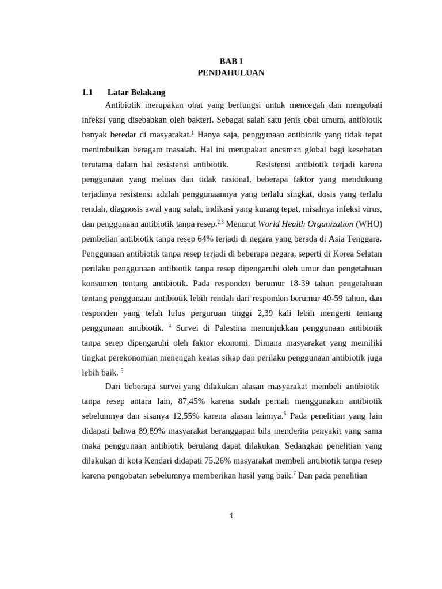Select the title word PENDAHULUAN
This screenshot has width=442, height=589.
(231, 73)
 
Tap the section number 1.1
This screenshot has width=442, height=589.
(87, 92)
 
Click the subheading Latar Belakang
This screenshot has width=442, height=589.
(136, 92)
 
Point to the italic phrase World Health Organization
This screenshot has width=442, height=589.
(306, 224)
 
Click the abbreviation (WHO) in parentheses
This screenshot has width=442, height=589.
(369, 224)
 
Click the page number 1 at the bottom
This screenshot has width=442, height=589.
(231, 516)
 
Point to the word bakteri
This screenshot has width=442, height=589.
(197, 120)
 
